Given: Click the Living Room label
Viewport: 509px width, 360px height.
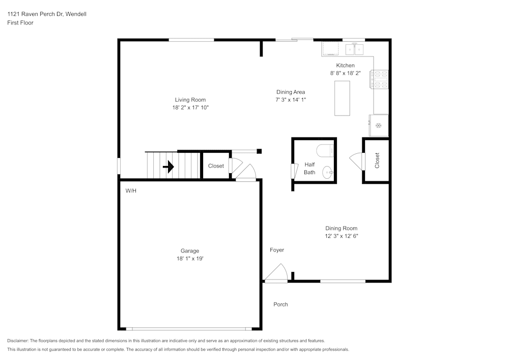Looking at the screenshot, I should point(190,100).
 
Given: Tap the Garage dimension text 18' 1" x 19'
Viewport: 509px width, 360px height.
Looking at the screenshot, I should point(190,259).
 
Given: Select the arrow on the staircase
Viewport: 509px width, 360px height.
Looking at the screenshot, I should point(168,166).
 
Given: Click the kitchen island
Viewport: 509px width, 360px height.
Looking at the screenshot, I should point(343,98).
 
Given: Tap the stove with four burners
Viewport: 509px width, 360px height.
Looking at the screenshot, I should point(381,79).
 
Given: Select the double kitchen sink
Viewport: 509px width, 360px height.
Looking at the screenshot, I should point(355,49).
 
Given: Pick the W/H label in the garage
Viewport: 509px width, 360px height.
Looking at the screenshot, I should point(131,190).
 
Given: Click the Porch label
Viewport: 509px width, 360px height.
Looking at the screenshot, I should point(280,304).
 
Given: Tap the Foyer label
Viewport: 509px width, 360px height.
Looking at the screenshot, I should point(277,250).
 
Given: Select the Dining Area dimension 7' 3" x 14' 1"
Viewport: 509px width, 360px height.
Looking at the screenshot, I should point(290,100).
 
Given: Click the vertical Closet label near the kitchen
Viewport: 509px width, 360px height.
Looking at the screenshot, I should point(377,161).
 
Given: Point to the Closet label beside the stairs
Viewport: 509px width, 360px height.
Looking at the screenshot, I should point(216,166).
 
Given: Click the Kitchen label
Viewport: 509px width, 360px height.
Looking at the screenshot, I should point(345,65).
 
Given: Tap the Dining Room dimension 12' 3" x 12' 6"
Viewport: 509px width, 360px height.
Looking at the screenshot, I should point(341,236).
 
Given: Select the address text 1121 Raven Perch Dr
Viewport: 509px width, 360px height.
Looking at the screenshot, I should point(46,14).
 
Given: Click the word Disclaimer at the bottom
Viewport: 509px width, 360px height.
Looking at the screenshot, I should point(18,341).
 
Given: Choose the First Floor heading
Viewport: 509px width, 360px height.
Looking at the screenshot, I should point(20,23).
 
